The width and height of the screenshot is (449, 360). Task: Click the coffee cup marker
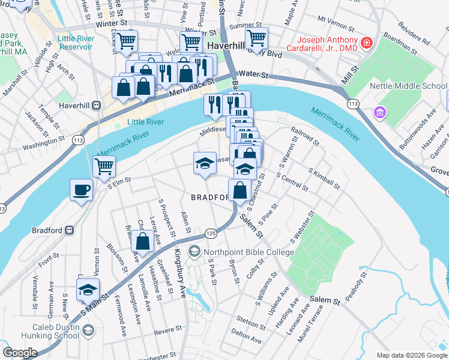pos(81,190)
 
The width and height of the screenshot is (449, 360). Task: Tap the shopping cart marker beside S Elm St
pos(104,166)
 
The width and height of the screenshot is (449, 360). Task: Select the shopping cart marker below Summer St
pos(256,38)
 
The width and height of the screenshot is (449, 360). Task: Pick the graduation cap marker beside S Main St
pos(88,290)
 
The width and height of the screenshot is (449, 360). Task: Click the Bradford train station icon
pos(70,230)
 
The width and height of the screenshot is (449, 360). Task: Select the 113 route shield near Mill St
pos(353,104)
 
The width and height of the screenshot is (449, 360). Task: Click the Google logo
pos(20,353)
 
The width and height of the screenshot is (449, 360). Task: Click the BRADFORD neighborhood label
pos(211,197)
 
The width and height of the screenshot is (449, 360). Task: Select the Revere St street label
pos(167,330)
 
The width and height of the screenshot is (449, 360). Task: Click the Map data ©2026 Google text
pos(411,355)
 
